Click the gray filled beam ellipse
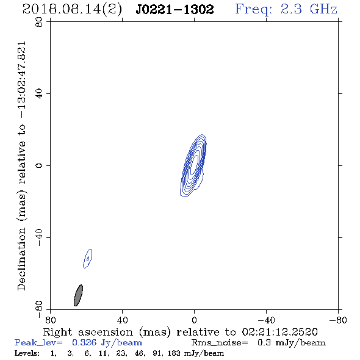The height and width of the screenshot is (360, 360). click(x=78, y=295)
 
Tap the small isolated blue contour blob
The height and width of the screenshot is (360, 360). click(x=87, y=259)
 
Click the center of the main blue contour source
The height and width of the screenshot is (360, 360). click(x=194, y=165)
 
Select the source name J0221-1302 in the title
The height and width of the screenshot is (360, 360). click(x=175, y=9)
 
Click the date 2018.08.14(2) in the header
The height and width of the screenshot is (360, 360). click(x=72, y=10)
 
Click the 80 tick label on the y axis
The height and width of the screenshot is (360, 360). click(x=39, y=22)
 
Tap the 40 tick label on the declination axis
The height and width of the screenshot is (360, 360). click(x=39, y=94)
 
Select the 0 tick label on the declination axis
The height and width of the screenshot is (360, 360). click(x=39, y=165)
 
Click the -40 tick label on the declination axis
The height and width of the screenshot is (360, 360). click(x=39, y=237)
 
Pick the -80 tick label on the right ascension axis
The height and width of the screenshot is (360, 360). click(x=338, y=320)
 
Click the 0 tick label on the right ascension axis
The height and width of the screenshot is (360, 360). click(x=194, y=320)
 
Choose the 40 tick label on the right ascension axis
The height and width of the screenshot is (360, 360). click(x=122, y=320)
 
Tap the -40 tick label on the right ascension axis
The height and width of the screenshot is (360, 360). click(x=266, y=320)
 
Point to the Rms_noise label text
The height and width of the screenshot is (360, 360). click(x=220, y=343)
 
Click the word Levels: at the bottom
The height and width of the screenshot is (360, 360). click(x=27, y=353)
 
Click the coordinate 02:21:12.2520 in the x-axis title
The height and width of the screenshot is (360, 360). click(x=280, y=332)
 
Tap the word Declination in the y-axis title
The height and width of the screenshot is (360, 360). click(x=21, y=259)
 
